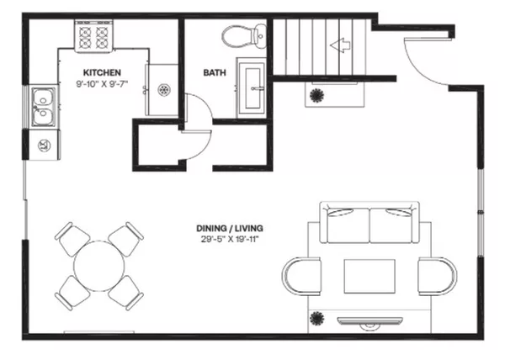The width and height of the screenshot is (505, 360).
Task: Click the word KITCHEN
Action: point(100,72)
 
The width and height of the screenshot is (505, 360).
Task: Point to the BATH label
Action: point(214,72)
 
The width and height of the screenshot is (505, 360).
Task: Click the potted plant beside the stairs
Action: point(318,95)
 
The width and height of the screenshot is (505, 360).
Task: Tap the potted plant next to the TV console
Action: point(317,318)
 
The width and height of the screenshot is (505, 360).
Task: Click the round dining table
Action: point(99,265)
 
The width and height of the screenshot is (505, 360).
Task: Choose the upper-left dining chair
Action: point(72,238)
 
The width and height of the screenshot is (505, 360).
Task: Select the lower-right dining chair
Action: point(127,293)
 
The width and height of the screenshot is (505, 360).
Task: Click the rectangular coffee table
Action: point(369,275)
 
